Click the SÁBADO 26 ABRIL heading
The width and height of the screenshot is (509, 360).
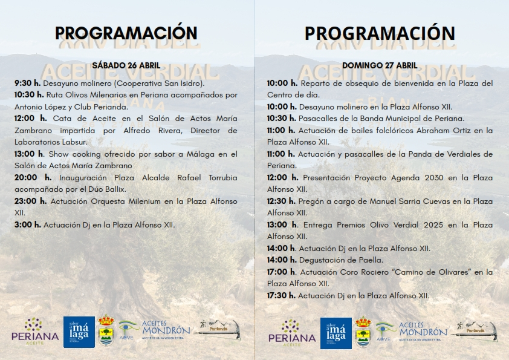(x=126, y=65)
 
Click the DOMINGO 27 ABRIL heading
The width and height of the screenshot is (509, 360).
(x=380, y=65)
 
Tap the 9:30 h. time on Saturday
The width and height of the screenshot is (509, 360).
(x=28, y=83)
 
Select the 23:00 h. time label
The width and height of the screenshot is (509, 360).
(x=30, y=201)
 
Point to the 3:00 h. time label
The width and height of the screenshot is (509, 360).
(x=28, y=224)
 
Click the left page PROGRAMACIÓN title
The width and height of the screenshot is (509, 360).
(x=126, y=33)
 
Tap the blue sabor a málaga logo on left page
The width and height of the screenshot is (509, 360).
(x=79, y=332)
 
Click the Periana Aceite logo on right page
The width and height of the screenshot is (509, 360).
(x=291, y=332)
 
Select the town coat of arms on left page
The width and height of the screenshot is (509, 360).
(x=106, y=332)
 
